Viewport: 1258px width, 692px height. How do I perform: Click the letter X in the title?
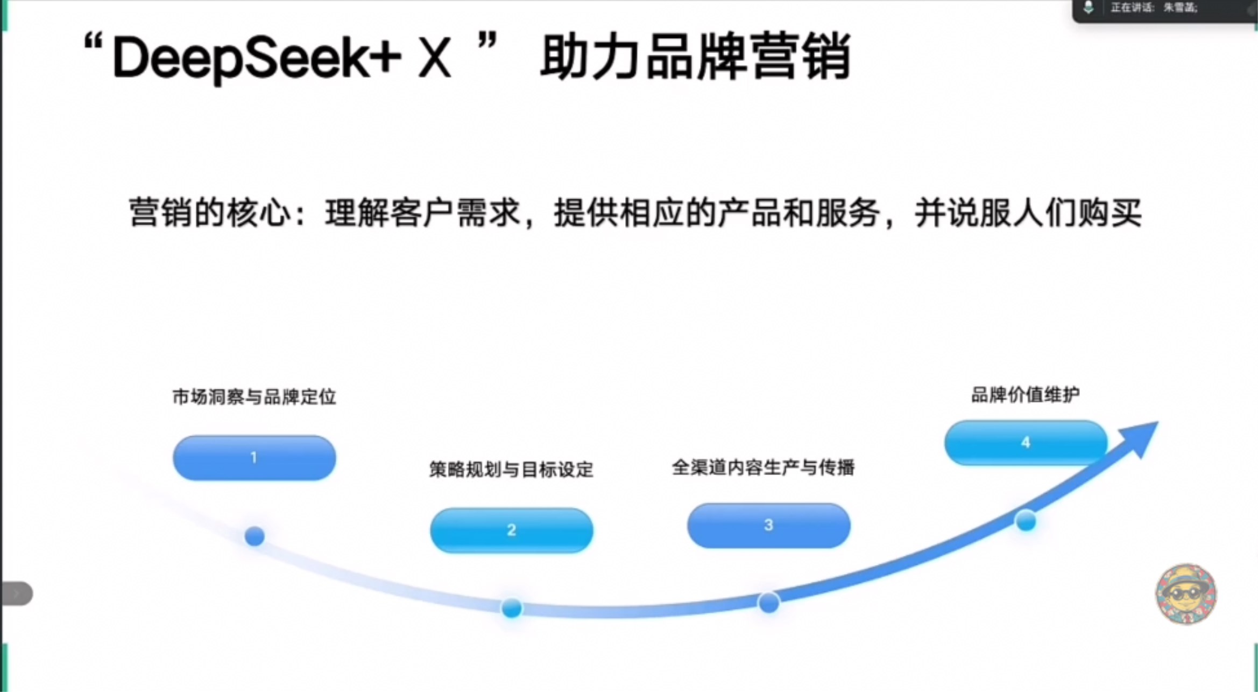(434, 58)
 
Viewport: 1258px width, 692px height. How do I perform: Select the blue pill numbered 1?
(254, 458)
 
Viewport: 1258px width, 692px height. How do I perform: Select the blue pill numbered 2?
(511, 530)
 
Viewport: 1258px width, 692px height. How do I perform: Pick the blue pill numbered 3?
(768, 525)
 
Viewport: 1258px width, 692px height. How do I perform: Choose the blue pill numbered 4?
(1026, 442)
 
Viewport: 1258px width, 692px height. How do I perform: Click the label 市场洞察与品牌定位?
(254, 397)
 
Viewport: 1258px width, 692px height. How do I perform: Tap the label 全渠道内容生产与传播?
(763, 467)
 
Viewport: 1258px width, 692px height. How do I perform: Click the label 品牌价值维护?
(1025, 395)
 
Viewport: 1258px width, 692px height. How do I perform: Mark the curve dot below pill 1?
(255, 536)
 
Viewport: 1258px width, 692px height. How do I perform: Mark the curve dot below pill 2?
(511, 608)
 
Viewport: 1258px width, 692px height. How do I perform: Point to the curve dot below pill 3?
(768, 603)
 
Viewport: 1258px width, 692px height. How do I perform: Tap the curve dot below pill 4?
(1026, 521)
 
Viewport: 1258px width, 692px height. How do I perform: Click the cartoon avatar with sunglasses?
(1186, 594)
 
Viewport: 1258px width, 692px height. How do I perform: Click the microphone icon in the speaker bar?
(1088, 8)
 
